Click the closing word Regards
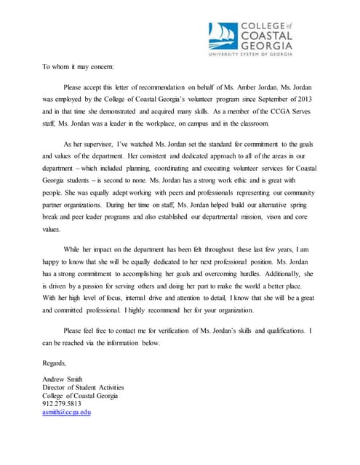[x=55, y=363]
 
